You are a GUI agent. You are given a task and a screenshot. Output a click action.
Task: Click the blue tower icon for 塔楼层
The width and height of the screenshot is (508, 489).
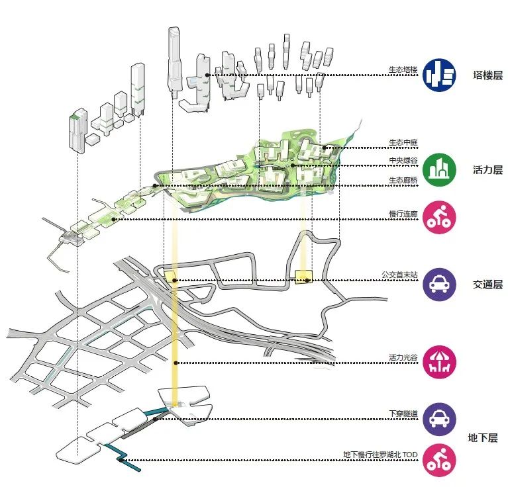(x=439, y=75)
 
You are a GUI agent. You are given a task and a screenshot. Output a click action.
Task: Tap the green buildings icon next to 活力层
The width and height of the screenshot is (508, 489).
(x=439, y=169)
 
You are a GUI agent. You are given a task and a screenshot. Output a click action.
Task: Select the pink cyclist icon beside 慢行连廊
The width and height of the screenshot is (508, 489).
(x=439, y=217)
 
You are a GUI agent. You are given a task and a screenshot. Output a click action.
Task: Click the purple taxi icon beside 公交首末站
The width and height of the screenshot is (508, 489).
(x=439, y=285)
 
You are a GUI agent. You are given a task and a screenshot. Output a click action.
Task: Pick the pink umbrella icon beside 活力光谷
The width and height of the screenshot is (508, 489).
(x=439, y=362)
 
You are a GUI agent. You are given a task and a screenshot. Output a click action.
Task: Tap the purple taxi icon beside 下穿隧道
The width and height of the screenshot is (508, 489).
(x=439, y=419)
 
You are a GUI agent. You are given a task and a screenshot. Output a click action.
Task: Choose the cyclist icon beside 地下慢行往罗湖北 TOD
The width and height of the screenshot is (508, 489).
(x=439, y=460)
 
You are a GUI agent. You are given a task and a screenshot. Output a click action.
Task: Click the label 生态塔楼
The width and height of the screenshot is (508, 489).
(x=403, y=69)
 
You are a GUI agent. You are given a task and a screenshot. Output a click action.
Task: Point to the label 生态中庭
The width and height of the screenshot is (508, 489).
(x=403, y=142)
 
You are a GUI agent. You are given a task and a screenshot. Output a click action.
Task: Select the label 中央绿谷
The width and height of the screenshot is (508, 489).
(x=403, y=160)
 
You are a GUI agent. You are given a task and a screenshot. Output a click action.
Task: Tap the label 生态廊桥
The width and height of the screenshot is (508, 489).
(x=403, y=180)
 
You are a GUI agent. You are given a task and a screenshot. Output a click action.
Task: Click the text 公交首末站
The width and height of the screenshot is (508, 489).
(x=399, y=275)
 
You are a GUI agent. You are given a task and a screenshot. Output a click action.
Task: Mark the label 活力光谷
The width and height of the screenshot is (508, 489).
(x=403, y=357)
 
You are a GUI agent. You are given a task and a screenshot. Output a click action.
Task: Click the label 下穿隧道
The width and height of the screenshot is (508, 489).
(x=403, y=414)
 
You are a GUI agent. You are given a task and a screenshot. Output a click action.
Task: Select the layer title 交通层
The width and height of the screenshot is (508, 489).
(x=487, y=285)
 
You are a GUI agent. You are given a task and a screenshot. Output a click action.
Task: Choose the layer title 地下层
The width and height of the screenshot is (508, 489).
(x=483, y=438)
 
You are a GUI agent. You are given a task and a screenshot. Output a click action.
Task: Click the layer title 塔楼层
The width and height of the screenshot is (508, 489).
(x=487, y=75)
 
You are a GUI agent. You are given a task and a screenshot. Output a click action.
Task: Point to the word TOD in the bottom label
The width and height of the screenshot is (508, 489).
(x=410, y=455)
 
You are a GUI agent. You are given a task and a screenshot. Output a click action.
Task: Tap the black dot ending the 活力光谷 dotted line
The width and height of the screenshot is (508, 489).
(x=176, y=363)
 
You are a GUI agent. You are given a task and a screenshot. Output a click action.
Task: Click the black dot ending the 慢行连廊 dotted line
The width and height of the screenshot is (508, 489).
(x=113, y=219)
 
